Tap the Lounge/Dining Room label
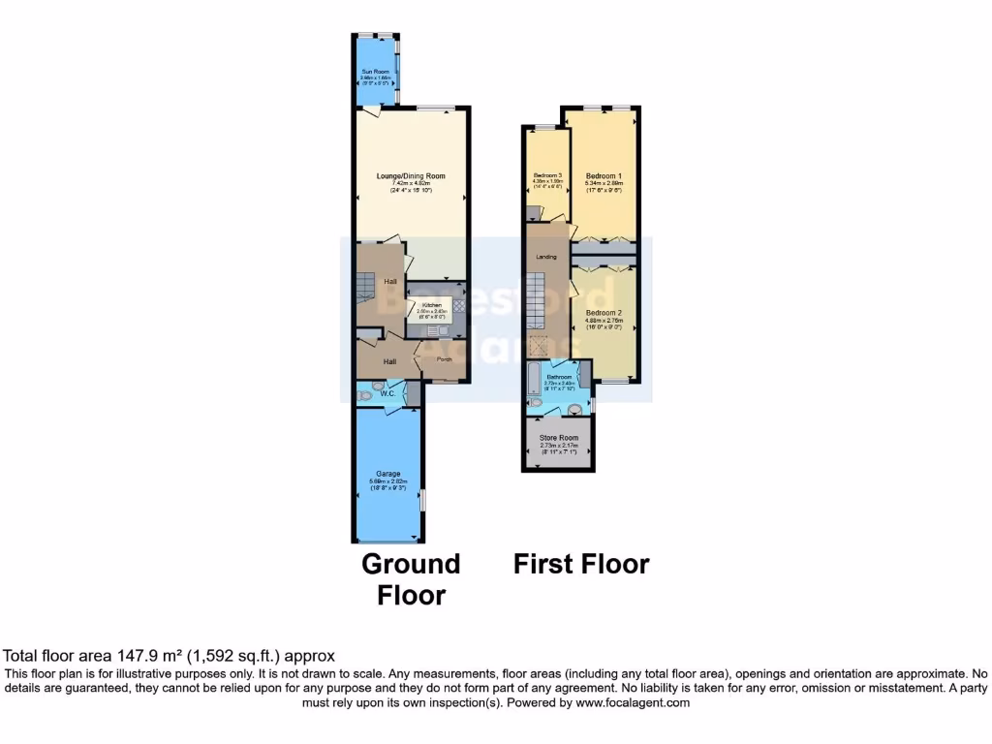(411, 176)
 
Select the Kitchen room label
(431, 305)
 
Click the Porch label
(445, 360)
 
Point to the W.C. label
(387, 393)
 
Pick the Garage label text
(388, 474)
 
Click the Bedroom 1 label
(604, 175)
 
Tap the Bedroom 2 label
(604, 313)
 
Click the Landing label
(546, 257)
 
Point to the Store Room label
(559, 439)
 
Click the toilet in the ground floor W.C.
(364, 394)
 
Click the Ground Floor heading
(411, 578)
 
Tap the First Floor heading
(581, 564)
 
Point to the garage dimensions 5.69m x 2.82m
(388, 481)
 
